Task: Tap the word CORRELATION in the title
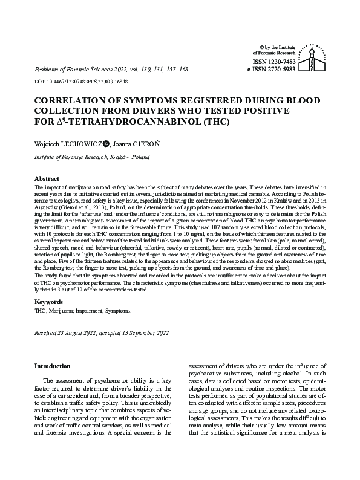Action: [x=75, y=100]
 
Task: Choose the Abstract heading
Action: [x=46, y=180]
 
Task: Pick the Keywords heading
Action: [x=48, y=301]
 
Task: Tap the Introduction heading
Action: [x=53, y=366]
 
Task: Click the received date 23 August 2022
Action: [x=78, y=333]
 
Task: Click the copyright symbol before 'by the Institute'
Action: [x=261, y=47]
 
